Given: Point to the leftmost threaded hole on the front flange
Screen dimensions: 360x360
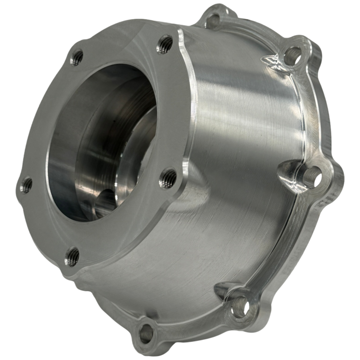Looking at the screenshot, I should (x=27, y=184).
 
